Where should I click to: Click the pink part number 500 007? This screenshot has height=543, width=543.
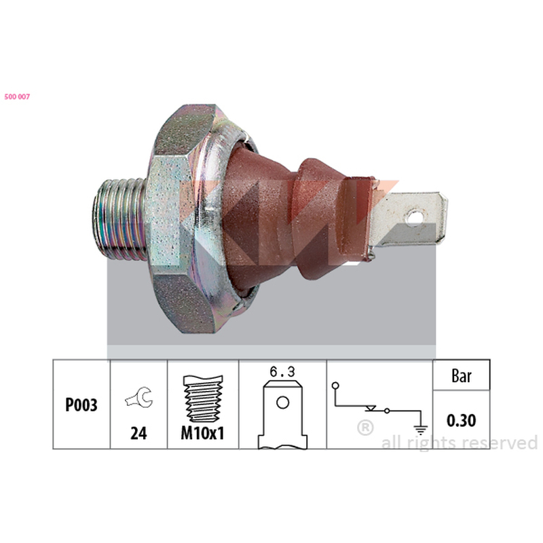pos(17,96)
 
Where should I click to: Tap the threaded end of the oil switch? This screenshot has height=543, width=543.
pos(119,219)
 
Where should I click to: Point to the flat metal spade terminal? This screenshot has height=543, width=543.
pos(408,220)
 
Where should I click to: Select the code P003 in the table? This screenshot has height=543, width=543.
pos(81,405)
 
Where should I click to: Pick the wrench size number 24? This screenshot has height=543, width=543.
pos(138,433)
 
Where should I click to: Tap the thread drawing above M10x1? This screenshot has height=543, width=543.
pos(203,398)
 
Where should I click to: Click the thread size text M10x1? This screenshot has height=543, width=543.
pos(202,433)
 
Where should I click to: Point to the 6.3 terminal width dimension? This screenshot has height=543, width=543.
pos(282,372)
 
